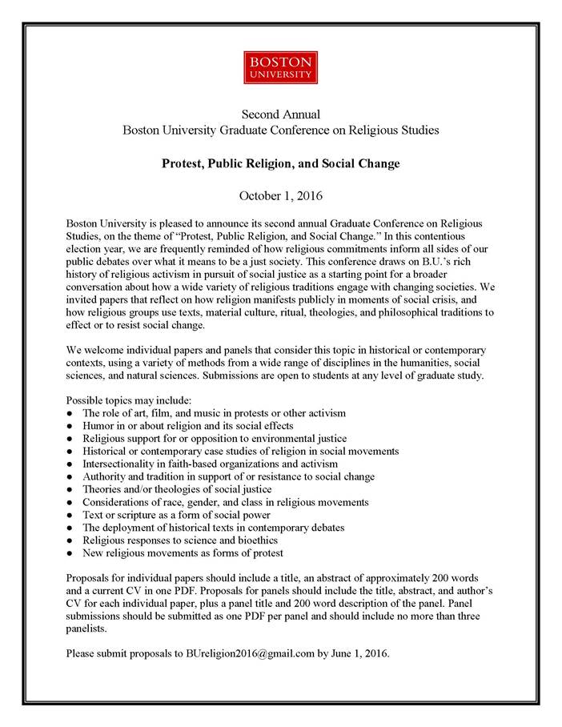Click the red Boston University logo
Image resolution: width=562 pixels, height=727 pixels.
280,67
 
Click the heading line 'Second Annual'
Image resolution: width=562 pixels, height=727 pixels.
280,114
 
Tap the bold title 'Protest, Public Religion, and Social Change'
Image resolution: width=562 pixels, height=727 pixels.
280,164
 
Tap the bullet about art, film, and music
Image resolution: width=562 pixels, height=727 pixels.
214,413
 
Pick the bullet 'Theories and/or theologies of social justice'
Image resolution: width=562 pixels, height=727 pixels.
177,488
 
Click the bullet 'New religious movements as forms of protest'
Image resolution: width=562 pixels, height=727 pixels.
183,552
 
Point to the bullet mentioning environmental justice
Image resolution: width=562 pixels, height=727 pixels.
214,439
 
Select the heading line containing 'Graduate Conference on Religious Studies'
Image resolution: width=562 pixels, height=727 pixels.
280,130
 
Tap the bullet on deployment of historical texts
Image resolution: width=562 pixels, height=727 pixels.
214,527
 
